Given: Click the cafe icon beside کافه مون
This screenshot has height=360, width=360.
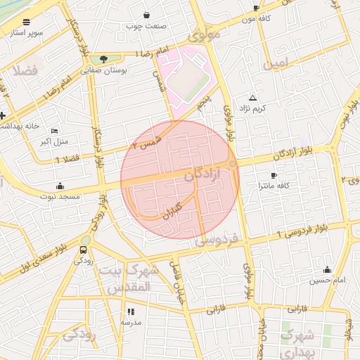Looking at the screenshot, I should pos(256,8).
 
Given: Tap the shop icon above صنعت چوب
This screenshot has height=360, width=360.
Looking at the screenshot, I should pos(146,15).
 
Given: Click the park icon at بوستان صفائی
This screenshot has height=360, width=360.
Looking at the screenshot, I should pos(104,59).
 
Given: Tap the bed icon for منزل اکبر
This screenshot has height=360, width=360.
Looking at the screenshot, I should pos(56,131).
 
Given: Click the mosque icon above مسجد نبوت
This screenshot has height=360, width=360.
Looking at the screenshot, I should pos(60,186).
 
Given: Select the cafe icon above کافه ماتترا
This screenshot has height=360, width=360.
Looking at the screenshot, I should pos(274,175).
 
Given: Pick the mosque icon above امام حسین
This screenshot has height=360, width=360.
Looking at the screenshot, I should pos(327,270).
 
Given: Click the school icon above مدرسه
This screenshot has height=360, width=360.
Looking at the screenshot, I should pos(131,311).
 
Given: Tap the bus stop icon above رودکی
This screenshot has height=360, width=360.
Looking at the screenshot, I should pos(85,250).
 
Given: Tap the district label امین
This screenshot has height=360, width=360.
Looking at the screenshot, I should pos(276,64).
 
